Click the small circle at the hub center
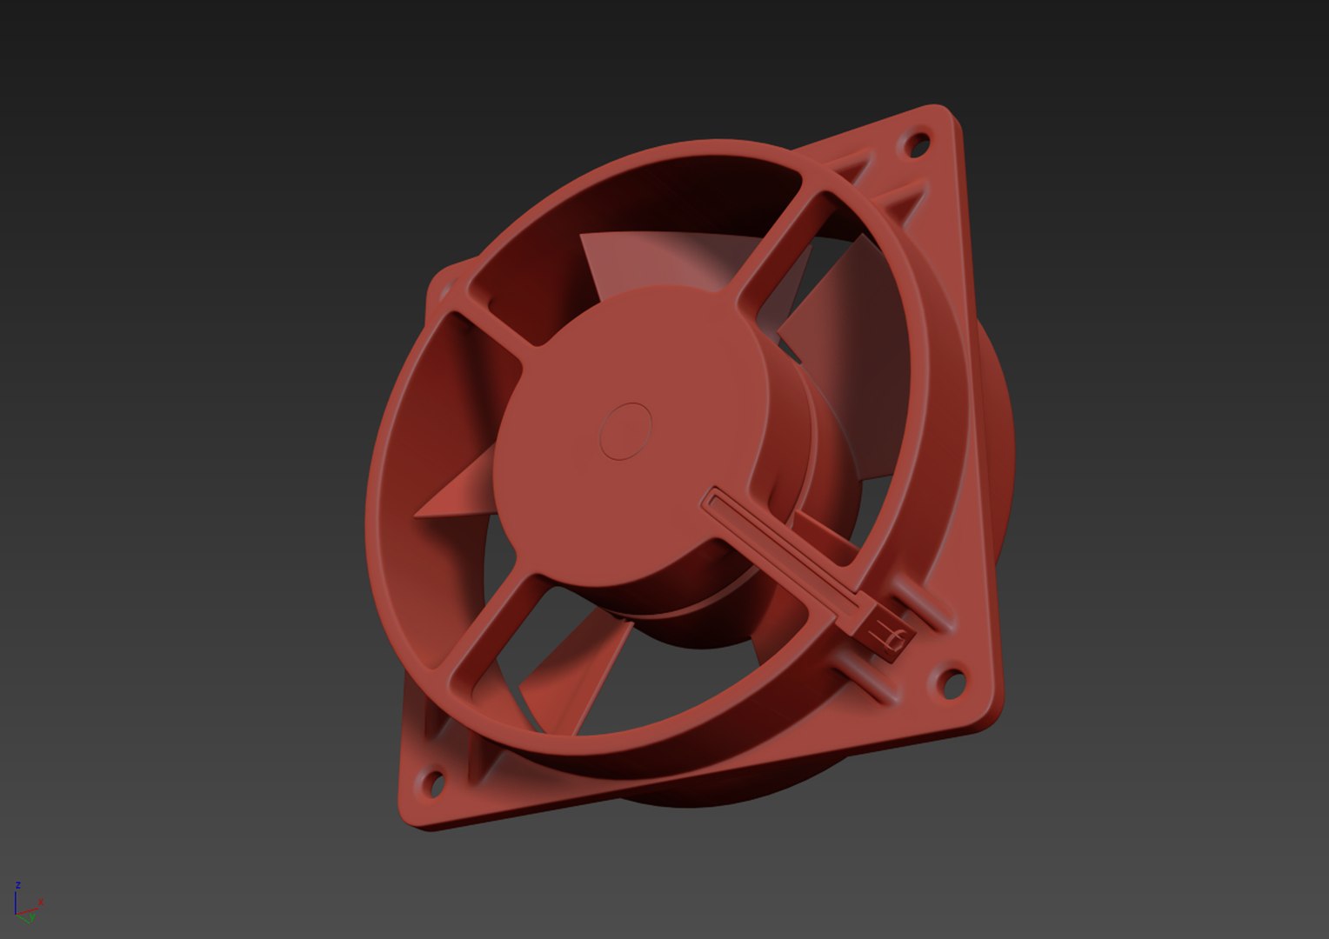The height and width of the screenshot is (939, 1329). click(626, 430)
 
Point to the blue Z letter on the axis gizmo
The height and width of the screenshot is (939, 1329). click(17, 885)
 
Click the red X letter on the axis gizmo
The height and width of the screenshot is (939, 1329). click(41, 902)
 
